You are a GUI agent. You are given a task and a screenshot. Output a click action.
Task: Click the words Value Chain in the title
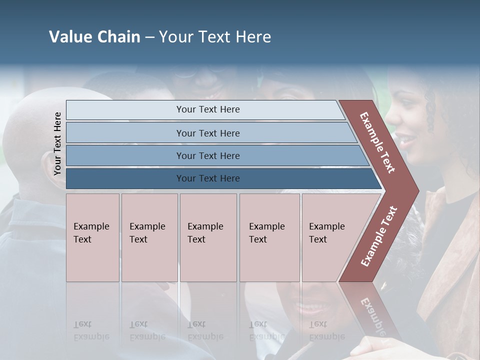point(94,37)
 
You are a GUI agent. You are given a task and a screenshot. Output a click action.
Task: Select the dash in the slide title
point(149,37)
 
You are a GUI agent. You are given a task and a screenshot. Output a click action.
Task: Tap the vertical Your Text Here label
point(57,143)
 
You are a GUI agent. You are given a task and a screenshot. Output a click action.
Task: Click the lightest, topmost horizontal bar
point(207,109)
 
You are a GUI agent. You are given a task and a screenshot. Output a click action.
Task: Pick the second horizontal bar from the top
point(207,133)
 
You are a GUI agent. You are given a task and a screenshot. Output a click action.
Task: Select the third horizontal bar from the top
point(207,155)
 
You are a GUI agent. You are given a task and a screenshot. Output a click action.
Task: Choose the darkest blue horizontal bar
point(207,178)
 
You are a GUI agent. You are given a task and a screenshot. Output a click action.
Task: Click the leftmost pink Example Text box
point(92,237)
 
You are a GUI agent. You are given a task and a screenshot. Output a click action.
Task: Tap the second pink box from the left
point(149,237)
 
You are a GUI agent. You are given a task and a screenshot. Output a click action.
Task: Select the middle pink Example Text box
point(208,237)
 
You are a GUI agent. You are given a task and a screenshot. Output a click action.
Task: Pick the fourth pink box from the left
point(269,237)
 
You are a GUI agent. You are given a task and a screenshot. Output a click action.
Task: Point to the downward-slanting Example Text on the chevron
point(377,142)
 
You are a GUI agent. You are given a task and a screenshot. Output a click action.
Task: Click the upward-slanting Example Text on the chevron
point(379,236)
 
